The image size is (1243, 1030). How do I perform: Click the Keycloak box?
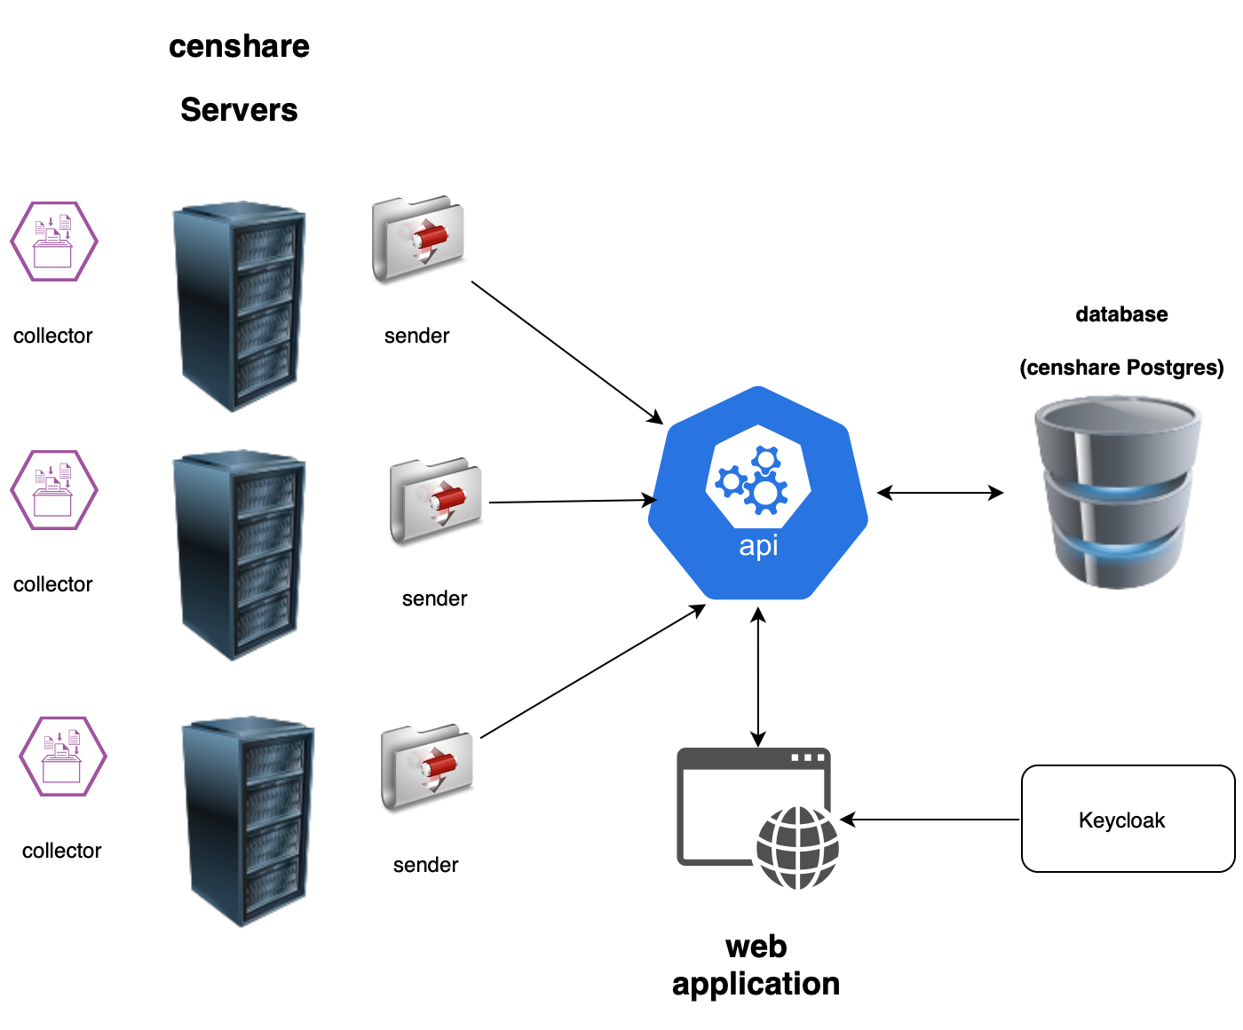pyautogui.click(x=1128, y=819)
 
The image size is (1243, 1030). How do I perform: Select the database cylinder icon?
pyautogui.click(x=1117, y=493)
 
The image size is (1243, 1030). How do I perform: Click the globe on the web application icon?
pyautogui.click(x=797, y=848)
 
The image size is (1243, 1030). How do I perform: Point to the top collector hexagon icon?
pyautogui.click(x=54, y=242)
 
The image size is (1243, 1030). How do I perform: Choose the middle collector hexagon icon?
pyautogui.click(x=54, y=490)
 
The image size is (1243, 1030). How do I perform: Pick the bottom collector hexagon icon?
pyautogui.click(x=63, y=757)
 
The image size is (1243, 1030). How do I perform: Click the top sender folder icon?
pyautogui.click(x=418, y=238)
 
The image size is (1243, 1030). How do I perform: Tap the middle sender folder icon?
pyautogui.click(x=436, y=501)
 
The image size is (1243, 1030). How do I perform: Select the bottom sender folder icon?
pyautogui.click(x=427, y=767)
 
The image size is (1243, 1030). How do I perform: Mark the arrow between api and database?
pyautogui.click(x=940, y=493)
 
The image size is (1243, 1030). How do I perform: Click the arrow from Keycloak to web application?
pyautogui.click(x=930, y=820)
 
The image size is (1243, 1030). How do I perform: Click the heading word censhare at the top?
pyautogui.click(x=239, y=46)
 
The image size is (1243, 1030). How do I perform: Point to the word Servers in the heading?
pyautogui.click(x=239, y=110)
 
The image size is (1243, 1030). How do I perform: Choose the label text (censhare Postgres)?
pyautogui.click(x=1121, y=368)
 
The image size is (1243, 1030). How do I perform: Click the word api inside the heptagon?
pyautogui.click(x=758, y=545)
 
